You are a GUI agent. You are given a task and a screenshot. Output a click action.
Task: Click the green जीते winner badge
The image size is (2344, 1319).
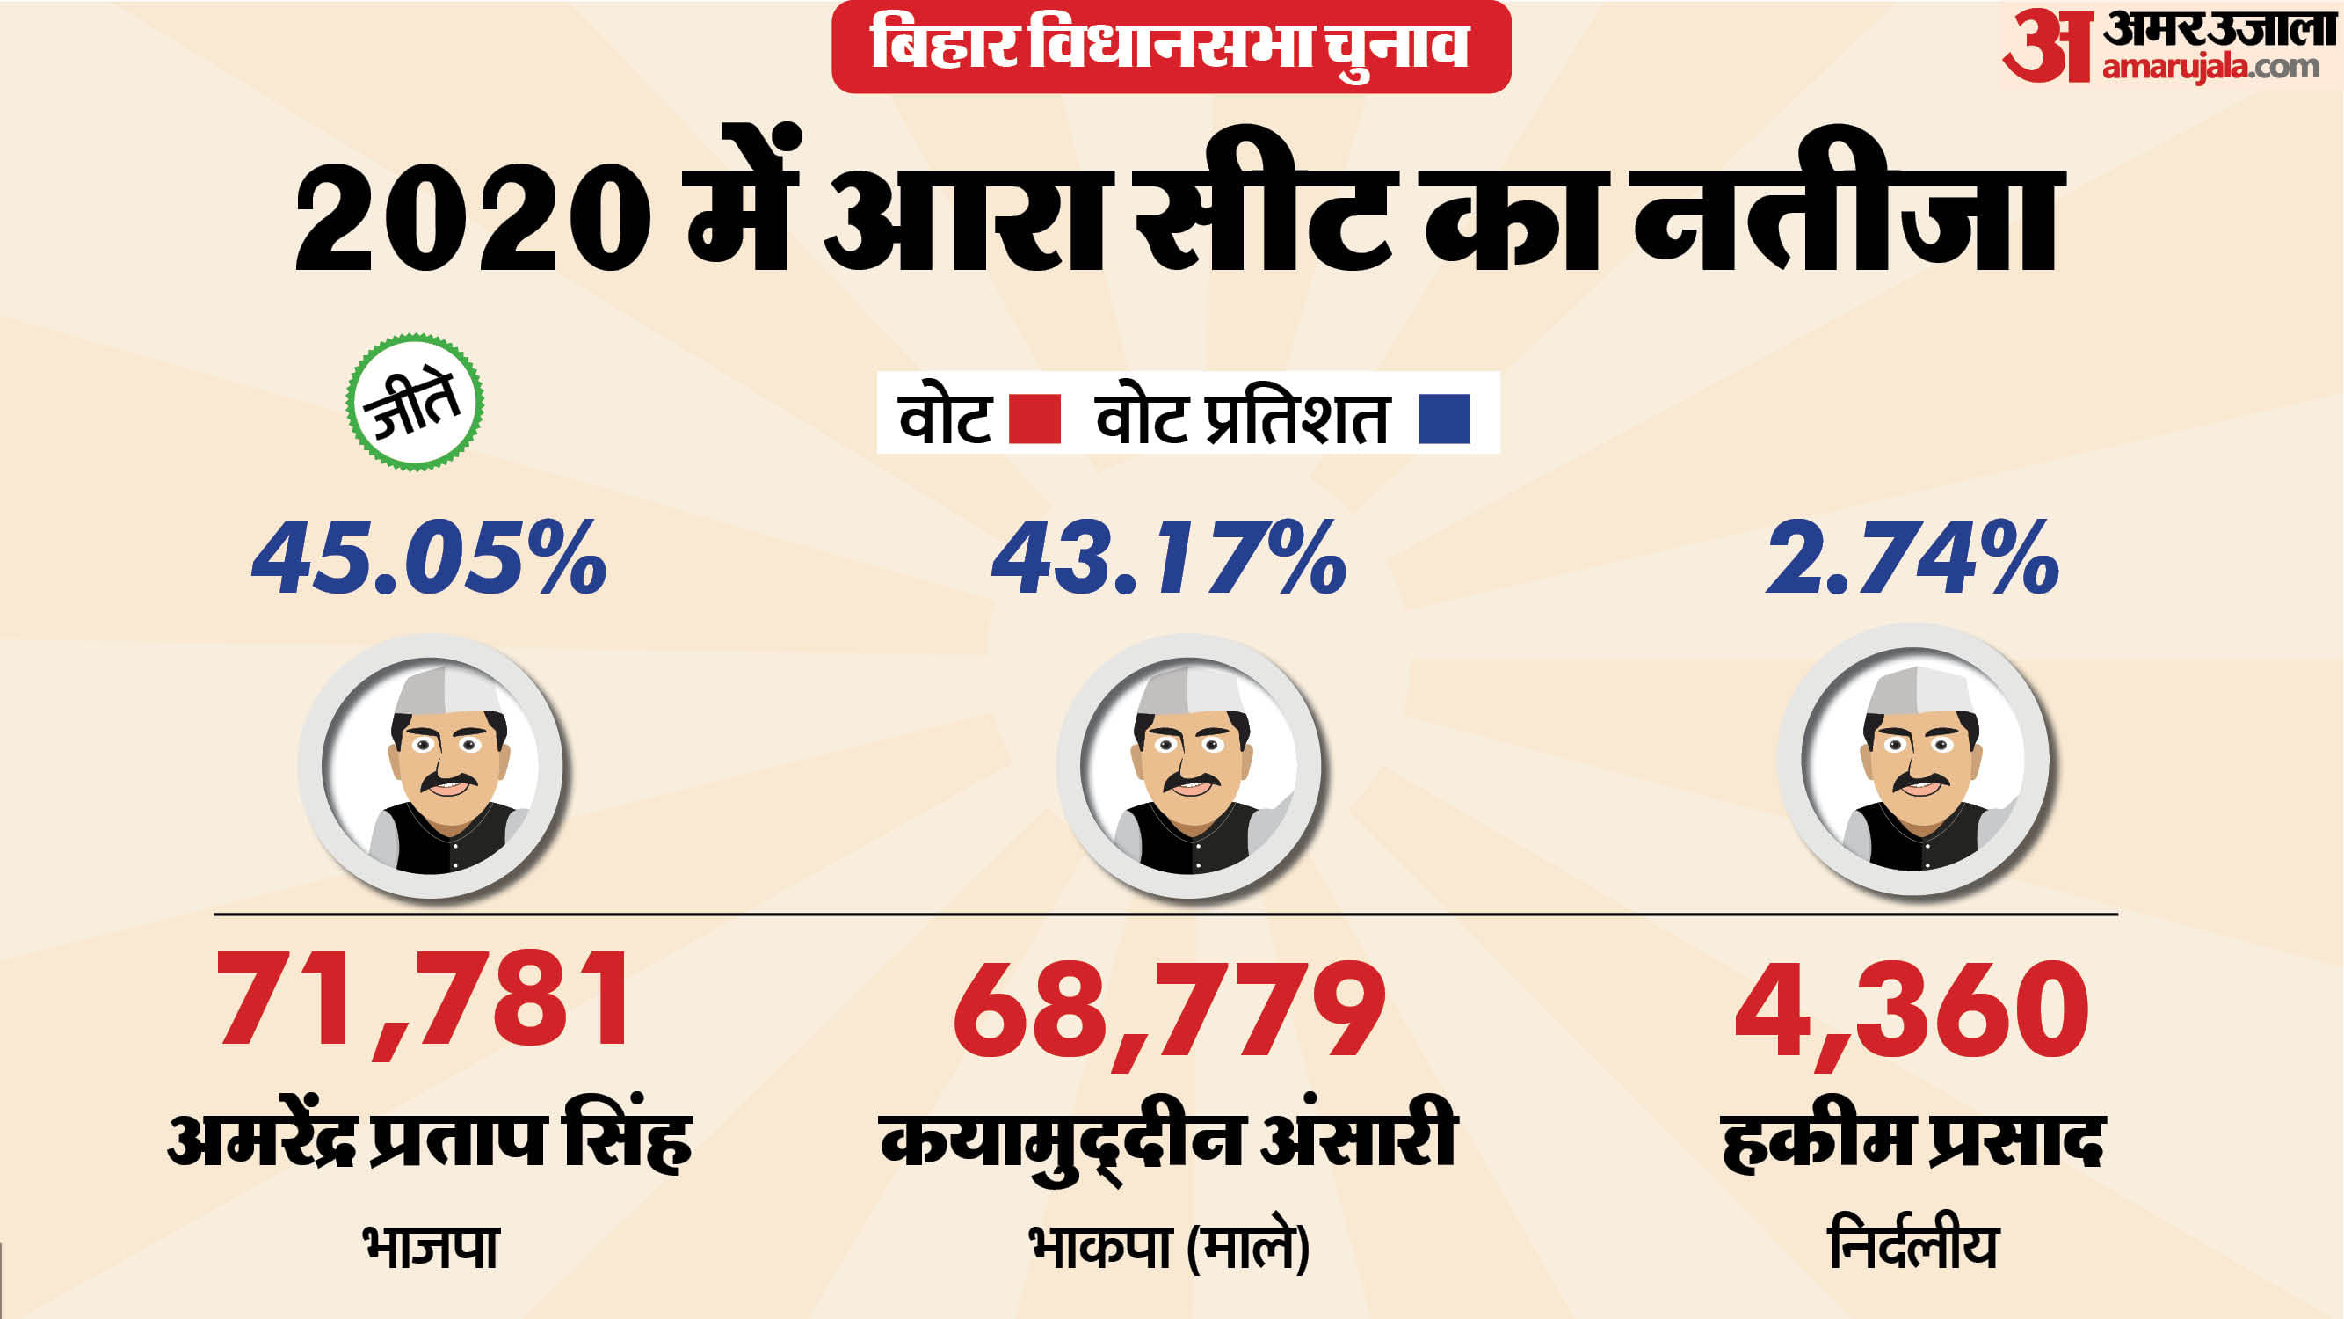pos(415,402)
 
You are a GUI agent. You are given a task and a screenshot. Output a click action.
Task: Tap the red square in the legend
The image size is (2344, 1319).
pos(1034,419)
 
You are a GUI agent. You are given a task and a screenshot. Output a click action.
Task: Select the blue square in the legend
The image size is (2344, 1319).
pos(1444,419)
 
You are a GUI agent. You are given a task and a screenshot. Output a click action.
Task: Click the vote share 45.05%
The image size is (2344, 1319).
pos(429,557)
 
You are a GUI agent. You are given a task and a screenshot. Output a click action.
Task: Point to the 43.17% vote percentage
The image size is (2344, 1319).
pos(1168,557)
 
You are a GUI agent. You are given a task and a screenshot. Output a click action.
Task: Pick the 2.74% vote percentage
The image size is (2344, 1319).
pos(1912,557)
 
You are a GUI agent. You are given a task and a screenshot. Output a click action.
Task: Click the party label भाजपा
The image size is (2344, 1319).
pos(431,1247)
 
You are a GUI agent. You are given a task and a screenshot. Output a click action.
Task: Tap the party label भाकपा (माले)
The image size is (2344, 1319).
pos(1168,1247)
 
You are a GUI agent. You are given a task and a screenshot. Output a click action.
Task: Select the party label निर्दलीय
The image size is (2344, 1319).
pos(1912,1247)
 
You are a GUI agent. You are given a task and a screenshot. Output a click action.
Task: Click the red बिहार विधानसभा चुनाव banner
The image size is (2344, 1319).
pos(1170,46)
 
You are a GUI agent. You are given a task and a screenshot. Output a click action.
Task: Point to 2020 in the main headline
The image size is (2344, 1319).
pos(472,218)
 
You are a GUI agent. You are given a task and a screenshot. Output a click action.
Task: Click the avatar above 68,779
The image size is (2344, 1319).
pos(1188,767)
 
